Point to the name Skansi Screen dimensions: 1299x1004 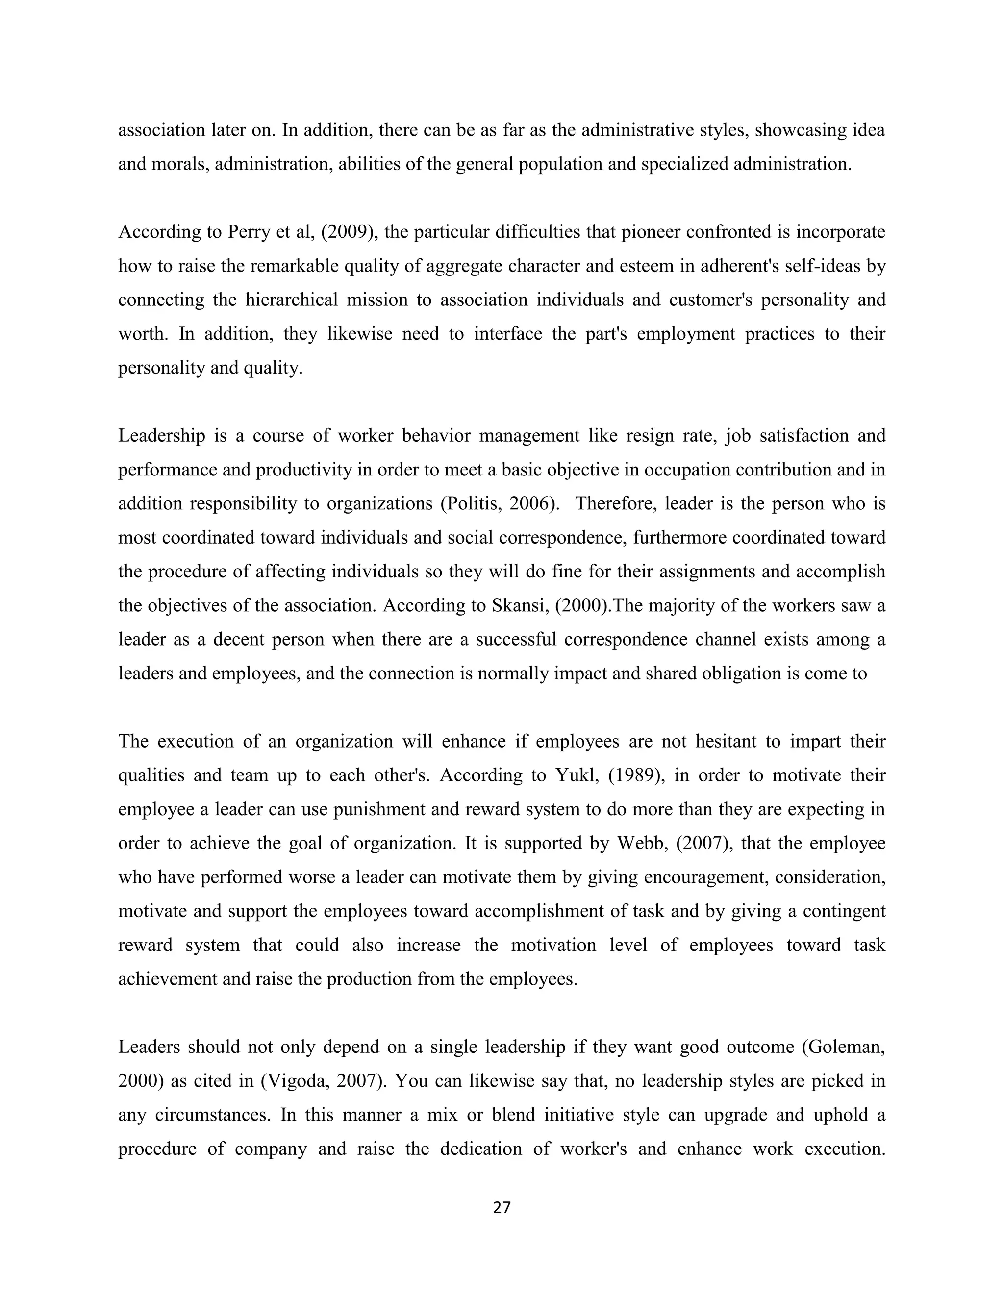pyautogui.click(x=514, y=605)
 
